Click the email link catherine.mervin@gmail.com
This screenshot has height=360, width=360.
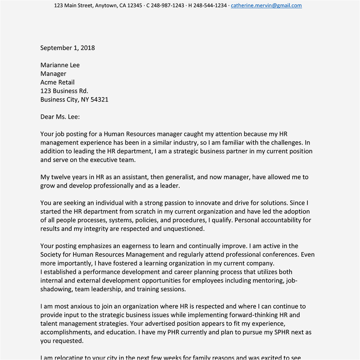(x=266, y=6)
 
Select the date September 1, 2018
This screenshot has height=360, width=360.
(x=68, y=48)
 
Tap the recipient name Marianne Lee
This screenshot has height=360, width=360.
(x=60, y=65)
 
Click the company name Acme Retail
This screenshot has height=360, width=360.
(x=58, y=82)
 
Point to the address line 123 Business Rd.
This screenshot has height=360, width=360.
(x=64, y=91)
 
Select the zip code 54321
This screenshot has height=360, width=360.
(x=99, y=100)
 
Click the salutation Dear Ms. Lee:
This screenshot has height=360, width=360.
(x=60, y=117)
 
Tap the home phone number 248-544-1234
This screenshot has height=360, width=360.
(x=210, y=6)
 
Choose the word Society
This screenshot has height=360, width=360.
(x=51, y=255)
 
